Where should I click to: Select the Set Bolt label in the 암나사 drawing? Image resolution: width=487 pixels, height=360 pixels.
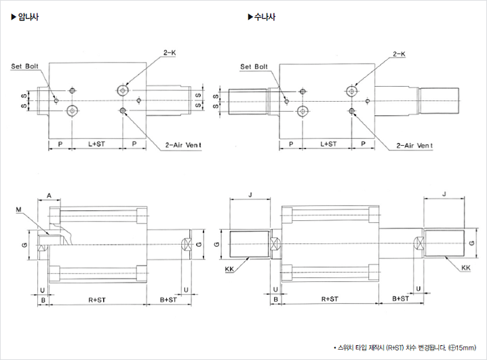pos(26,66)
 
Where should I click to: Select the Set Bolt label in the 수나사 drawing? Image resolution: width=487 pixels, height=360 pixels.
pos(255,66)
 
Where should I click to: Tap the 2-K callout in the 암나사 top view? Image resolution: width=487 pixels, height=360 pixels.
pos(170,52)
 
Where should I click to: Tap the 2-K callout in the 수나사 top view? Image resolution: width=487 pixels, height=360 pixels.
pos(399,53)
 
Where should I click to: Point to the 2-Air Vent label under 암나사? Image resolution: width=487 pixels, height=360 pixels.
pos(184,145)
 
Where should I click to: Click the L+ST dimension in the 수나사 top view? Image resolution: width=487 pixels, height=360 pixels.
pos(328,144)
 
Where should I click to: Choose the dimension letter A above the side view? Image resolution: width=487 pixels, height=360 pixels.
pos(50,195)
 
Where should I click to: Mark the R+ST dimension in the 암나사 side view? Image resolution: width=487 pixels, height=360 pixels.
pos(100,298)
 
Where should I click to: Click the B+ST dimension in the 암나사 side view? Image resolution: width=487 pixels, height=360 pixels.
pos(169,298)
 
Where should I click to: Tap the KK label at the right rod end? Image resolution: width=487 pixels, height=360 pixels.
pos(465,268)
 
